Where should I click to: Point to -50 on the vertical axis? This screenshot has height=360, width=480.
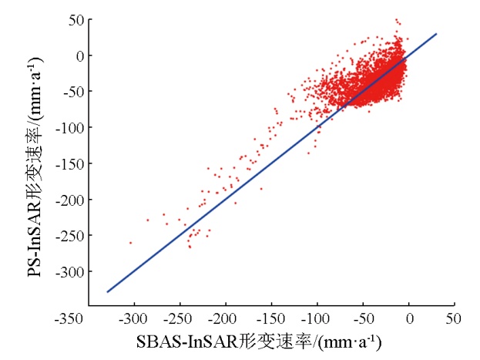point(74,92)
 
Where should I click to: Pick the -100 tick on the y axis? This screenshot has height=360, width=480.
point(71,127)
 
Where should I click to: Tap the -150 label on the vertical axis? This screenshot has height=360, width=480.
point(71,163)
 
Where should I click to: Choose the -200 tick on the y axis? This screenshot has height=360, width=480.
point(71,200)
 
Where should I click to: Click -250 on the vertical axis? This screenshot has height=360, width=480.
point(71,236)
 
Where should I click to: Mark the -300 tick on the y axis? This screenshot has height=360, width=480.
point(71,271)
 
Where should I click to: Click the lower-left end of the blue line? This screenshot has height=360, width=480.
point(107,292)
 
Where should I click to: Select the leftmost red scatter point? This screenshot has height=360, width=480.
point(130,243)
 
